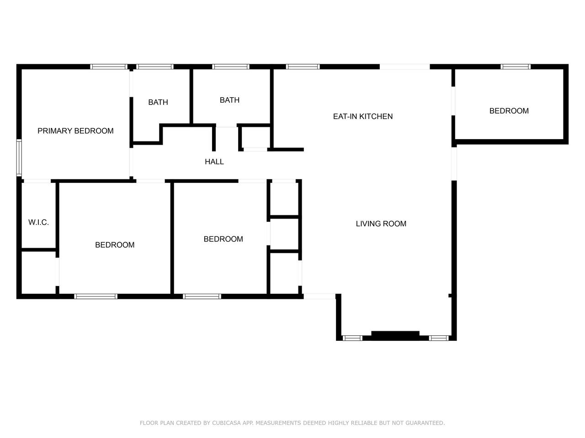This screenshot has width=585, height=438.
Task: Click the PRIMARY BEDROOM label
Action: point(75,131)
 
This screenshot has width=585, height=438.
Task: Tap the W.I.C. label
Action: point(39,222)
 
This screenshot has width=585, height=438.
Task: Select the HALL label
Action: point(214,162)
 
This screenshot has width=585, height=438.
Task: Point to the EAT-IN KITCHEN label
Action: point(363,116)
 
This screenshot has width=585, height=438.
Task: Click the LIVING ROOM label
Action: point(381,224)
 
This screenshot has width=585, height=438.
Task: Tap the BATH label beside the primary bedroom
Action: point(158,102)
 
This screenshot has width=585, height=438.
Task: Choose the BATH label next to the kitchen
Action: point(229,100)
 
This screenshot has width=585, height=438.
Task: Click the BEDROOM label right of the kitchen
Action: point(509,111)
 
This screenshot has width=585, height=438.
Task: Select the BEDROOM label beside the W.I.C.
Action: point(115,245)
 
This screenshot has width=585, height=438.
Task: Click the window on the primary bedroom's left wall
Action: point(19,157)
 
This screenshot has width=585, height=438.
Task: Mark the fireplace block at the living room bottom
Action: point(395,335)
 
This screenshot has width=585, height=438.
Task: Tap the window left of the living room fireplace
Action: point(352,338)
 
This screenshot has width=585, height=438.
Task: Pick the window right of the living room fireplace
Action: point(439,338)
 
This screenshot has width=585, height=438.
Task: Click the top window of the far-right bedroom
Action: point(516,67)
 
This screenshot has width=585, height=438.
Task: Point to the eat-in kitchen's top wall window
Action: point(303,67)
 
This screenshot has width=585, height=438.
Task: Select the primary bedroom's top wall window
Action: point(109,67)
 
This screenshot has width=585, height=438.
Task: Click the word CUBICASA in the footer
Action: point(226,423)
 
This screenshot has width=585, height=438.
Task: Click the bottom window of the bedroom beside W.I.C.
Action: point(96,297)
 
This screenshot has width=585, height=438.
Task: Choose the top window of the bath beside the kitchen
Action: point(231,67)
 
